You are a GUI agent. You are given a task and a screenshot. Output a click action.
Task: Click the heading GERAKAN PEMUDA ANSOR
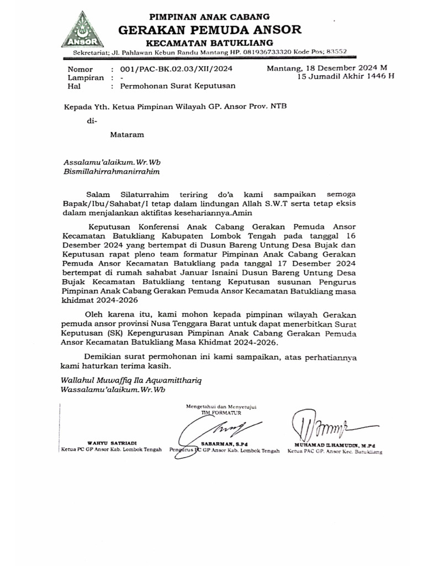[x=210, y=29]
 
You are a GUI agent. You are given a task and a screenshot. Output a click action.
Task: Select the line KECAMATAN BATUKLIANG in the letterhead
[x=210, y=43]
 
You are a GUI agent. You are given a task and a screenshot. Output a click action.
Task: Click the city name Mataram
[x=127, y=134]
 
